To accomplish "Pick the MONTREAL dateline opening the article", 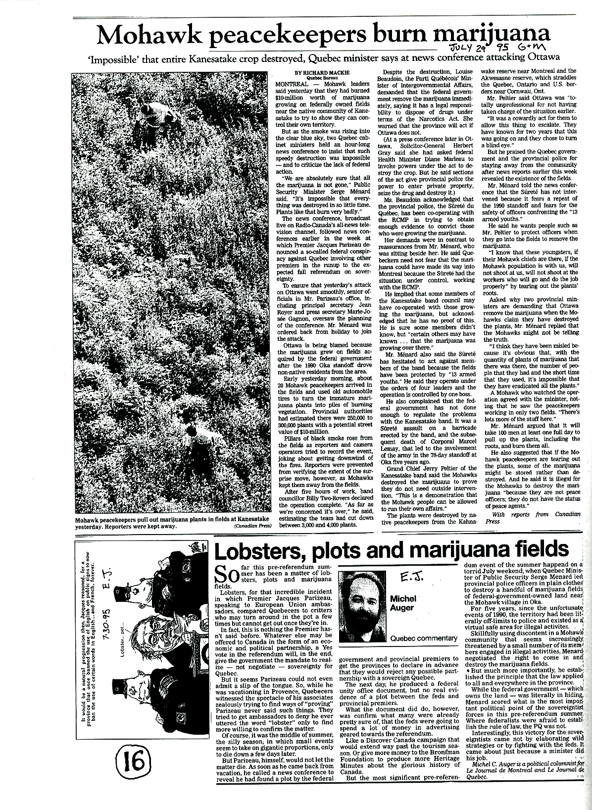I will tap(290, 83).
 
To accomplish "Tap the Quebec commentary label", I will tap(423, 638).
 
